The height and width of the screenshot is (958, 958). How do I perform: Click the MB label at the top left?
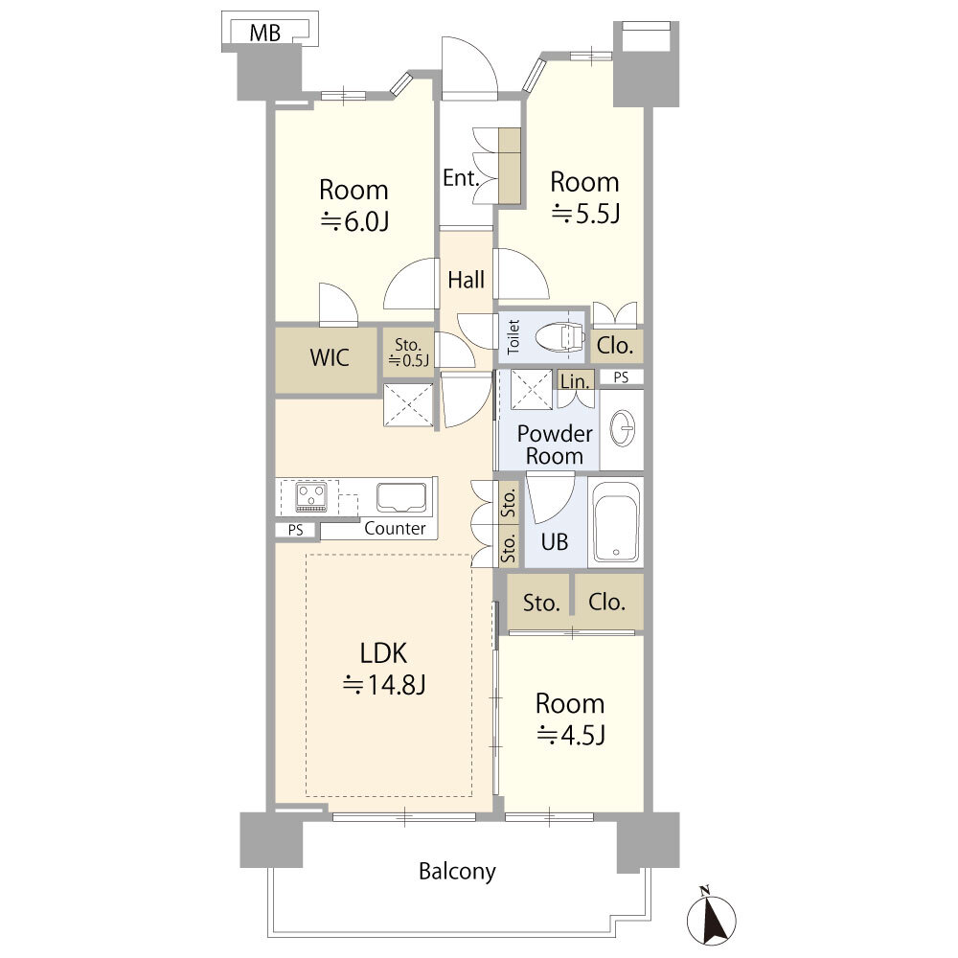point(265,33)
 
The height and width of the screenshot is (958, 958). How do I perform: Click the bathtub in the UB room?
point(616,521)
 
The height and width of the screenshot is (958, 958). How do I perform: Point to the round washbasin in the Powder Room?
point(622,428)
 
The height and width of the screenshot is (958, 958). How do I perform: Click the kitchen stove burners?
point(311,496)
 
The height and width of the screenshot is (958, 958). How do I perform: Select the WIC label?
point(330,358)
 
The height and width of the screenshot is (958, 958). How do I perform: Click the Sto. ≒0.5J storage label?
point(408,354)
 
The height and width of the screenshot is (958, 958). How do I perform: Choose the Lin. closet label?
point(575,381)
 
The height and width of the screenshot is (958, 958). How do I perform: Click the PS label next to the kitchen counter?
point(296,531)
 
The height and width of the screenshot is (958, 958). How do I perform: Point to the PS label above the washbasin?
point(621,377)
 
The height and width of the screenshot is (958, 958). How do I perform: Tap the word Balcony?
point(457,872)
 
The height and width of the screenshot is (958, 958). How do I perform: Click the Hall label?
point(467,281)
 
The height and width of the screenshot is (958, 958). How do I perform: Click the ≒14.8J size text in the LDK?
point(384,685)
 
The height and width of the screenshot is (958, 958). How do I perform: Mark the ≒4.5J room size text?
point(571,735)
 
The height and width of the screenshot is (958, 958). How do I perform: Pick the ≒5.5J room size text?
point(586,214)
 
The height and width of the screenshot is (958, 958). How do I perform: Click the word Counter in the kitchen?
point(395,529)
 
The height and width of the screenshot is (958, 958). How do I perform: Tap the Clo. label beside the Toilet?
point(614,347)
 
